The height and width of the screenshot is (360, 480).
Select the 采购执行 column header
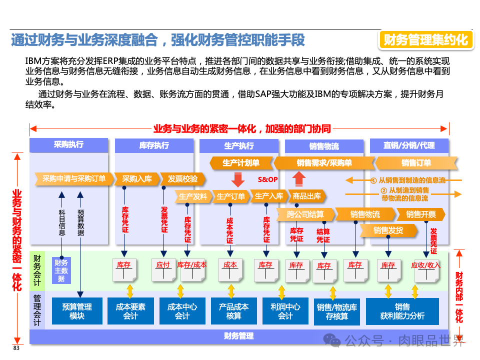coord(68,145)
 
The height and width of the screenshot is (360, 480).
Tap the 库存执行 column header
coord(154,145)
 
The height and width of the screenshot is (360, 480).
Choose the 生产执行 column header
coord(238,145)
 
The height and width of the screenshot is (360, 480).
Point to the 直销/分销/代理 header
coord(409,145)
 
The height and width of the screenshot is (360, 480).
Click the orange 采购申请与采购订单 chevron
coord(73,178)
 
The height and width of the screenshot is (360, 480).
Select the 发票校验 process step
coord(182,178)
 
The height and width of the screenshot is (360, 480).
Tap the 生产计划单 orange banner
coord(240,163)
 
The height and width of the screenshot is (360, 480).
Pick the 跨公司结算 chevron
coord(305,214)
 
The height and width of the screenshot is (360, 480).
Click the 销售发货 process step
coord(387,230)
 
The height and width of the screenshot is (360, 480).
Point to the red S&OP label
coord(267,179)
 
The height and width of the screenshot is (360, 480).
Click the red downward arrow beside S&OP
coord(237,179)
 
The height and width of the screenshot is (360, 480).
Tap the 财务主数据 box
coord(61,270)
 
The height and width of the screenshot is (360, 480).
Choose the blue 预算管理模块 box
coord(77,311)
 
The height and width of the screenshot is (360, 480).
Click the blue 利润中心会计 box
coord(285,311)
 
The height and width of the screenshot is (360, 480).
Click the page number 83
coord(16,348)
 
